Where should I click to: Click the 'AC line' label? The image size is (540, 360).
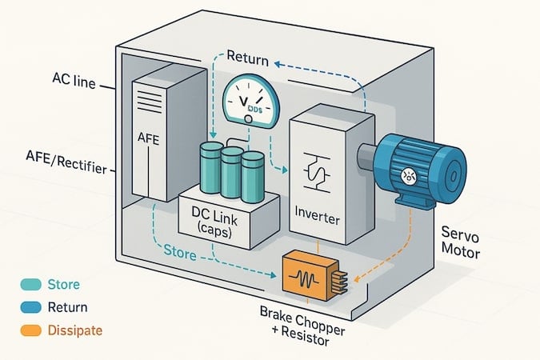click(74, 81)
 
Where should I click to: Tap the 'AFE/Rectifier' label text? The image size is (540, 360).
click(66, 162)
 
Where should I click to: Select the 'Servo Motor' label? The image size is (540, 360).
click(461, 242)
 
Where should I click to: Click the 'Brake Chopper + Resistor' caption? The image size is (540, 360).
click(302, 326)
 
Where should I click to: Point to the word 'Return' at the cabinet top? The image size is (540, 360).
click(248, 58)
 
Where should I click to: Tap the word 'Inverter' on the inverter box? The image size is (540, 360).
click(317, 216)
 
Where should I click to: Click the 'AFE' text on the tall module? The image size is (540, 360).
click(148, 138)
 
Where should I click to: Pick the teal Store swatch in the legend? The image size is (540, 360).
click(31, 285)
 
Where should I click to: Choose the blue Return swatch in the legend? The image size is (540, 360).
click(31, 307)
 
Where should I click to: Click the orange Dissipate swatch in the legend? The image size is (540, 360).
click(31, 330)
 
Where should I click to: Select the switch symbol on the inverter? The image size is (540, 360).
click(317, 172)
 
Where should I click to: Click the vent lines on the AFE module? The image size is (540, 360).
click(150, 101)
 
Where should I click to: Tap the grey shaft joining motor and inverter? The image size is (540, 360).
click(367, 157)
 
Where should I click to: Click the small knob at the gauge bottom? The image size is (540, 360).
click(248, 119)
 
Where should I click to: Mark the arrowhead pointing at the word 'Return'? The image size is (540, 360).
click(278, 64)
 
